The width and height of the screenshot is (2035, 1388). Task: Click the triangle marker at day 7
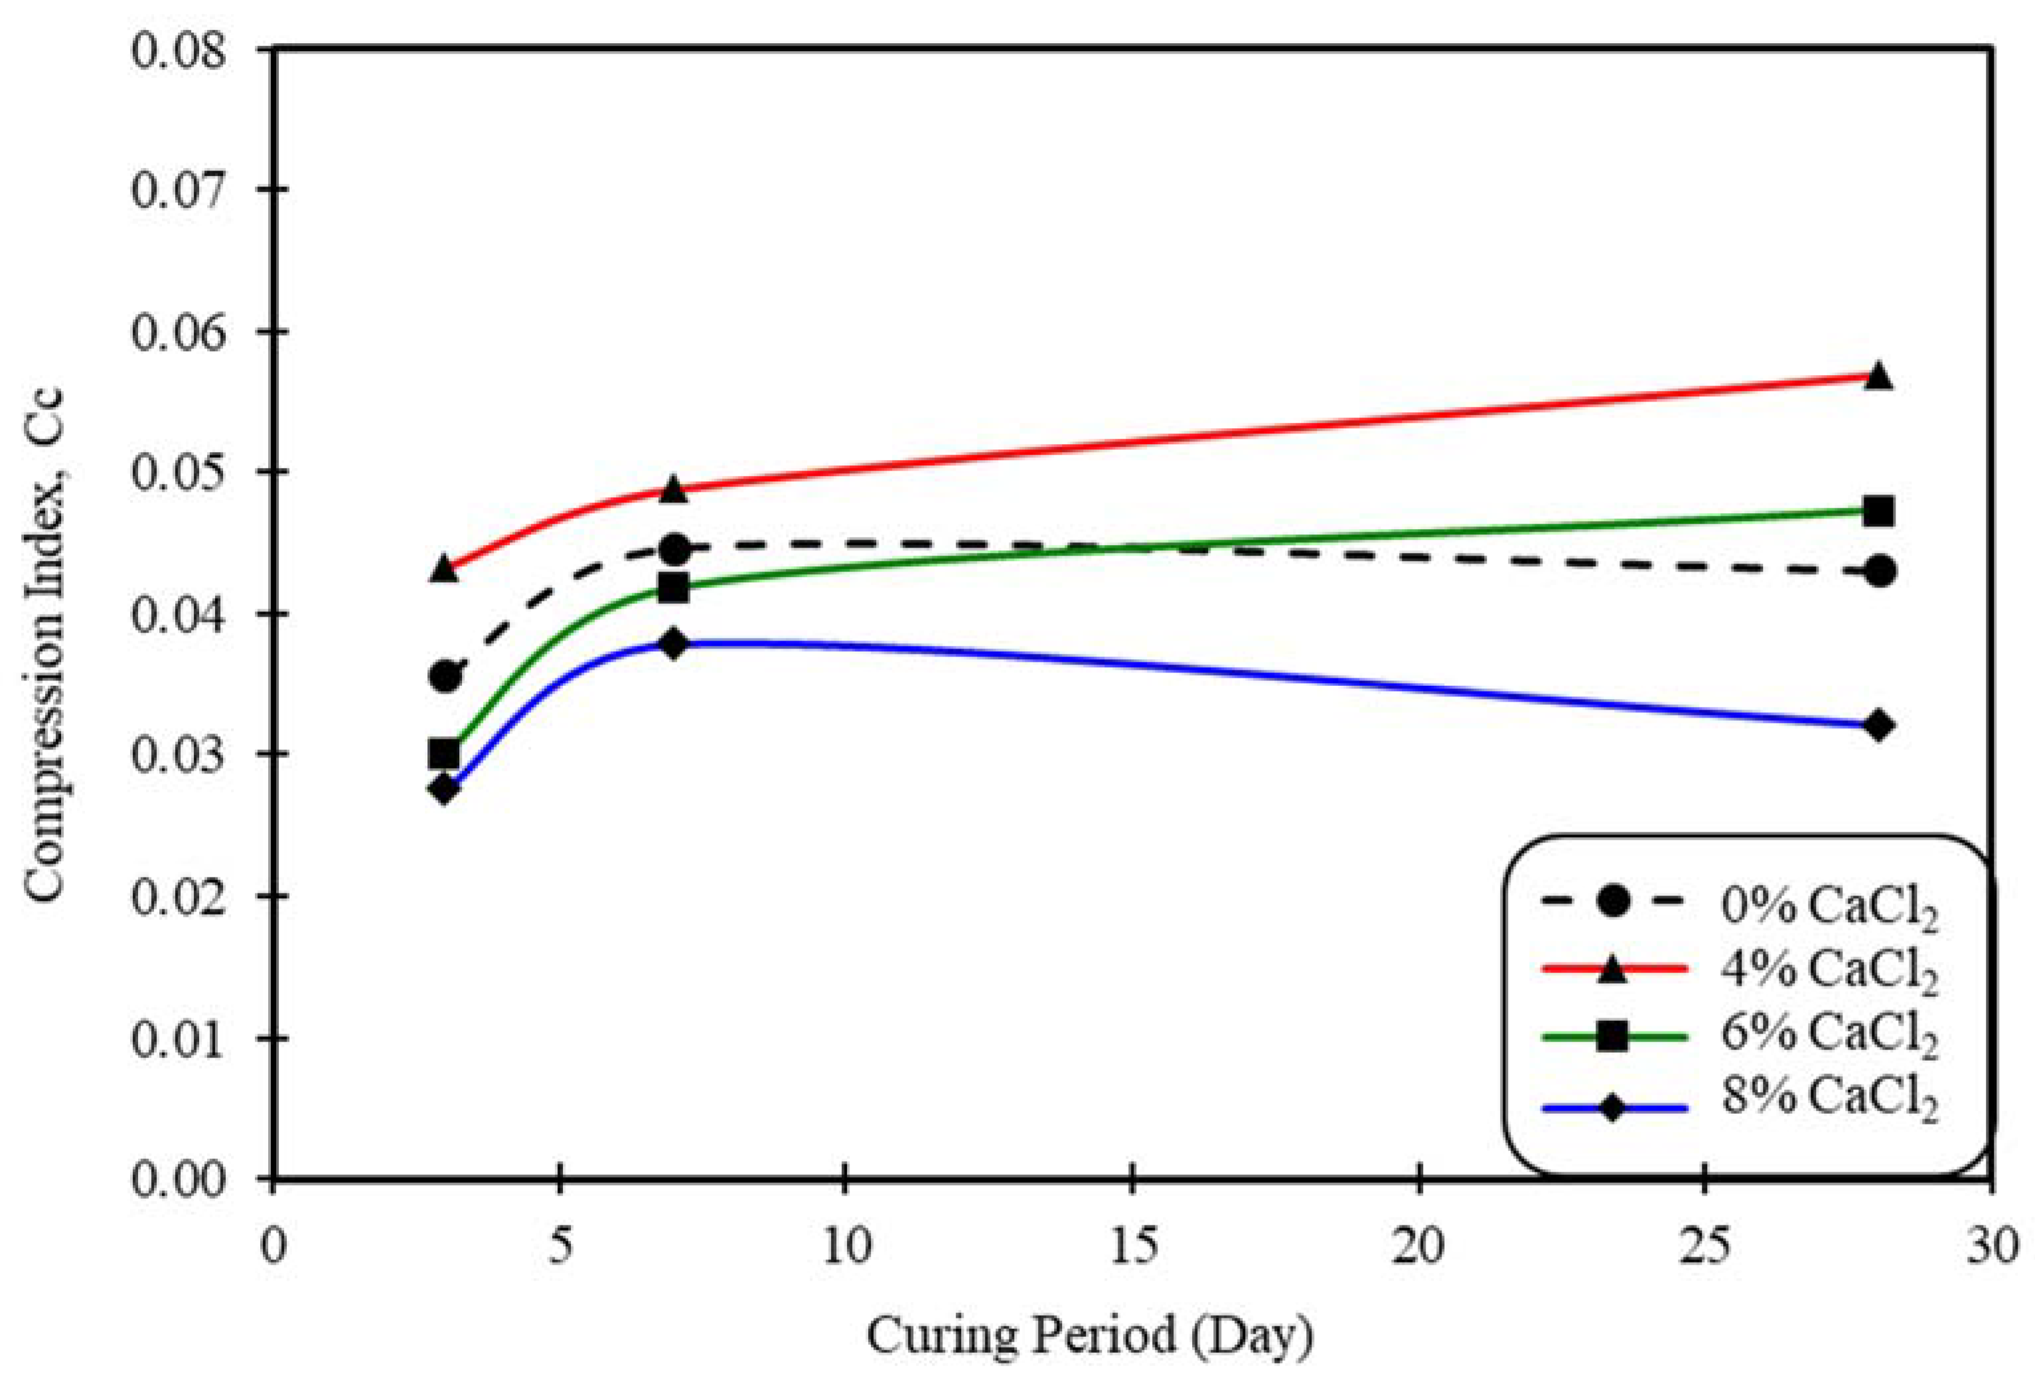pos(672,489)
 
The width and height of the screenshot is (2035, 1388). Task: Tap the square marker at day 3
pos(444,753)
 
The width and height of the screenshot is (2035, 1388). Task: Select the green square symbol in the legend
pos(1612,1036)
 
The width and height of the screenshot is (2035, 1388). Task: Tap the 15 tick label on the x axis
pos(1133,1245)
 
